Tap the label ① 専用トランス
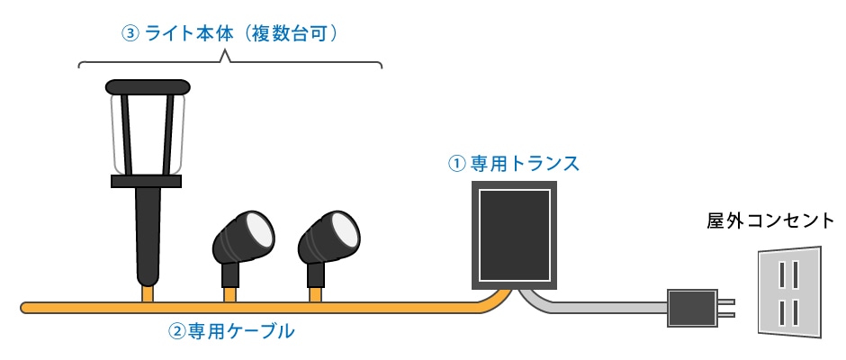click(x=514, y=164)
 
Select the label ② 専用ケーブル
click(x=231, y=331)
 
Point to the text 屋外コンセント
click(x=769, y=220)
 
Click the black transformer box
click(x=514, y=236)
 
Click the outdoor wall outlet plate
click(x=789, y=292)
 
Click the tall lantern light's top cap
click(x=148, y=87)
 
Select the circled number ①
click(x=456, y=164)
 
